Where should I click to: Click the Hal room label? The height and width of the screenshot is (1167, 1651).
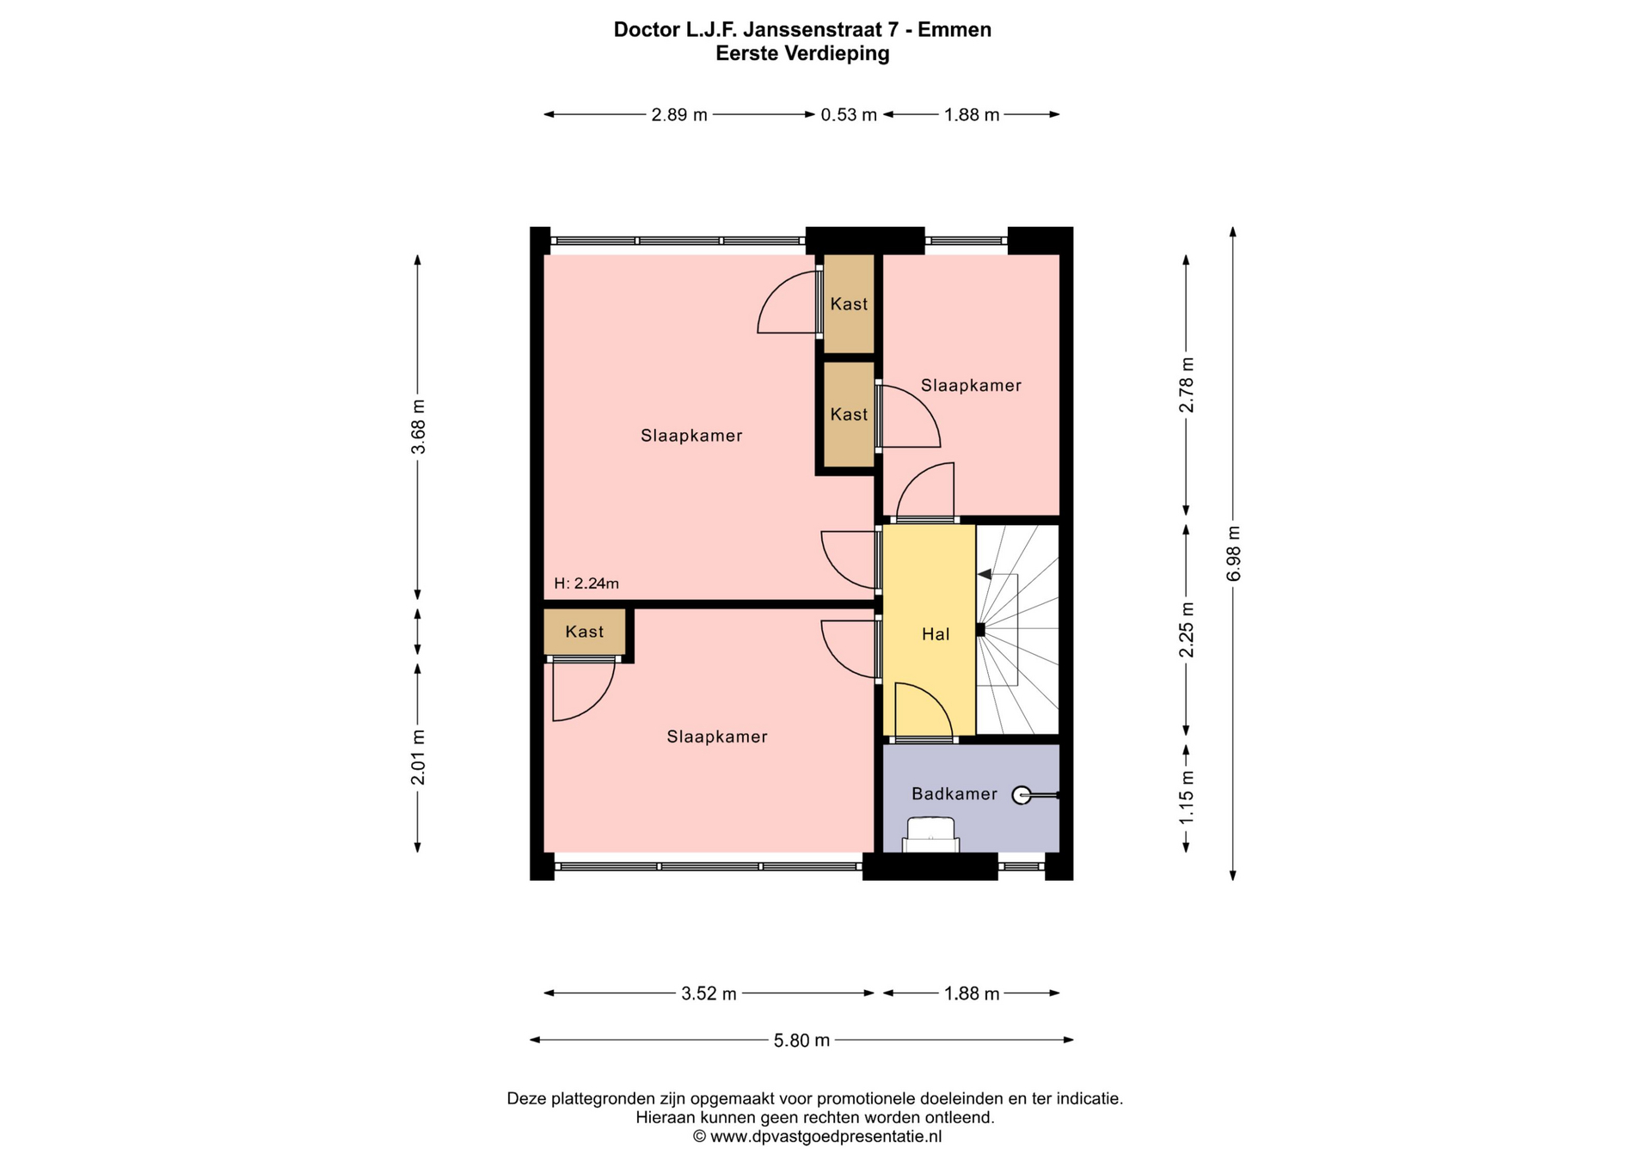[x=936, y=634]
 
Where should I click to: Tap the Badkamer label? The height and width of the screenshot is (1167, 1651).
[x=954, y=794]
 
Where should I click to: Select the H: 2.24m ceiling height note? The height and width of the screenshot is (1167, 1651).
[x=586, y=583]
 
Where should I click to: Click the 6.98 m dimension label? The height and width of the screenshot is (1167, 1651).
[x=1234, y=553]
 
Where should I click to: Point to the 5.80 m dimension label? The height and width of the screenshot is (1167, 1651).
[x=801, y=1041]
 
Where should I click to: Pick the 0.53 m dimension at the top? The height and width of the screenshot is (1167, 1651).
[x=849, y=115]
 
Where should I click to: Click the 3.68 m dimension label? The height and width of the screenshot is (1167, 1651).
[x=418, y=426]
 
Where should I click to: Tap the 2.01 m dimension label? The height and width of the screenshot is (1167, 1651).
[x=418, y=757]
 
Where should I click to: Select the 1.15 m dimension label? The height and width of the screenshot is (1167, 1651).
[x=1187, y=797]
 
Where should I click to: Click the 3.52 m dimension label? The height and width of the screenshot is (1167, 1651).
[x=709, y=993]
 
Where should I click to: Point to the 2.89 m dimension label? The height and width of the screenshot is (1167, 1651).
[x=679, y=115]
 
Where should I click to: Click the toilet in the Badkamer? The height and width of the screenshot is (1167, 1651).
[x=930, y=834]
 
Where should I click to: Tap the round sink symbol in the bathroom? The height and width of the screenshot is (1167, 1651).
[x=1021, y=796]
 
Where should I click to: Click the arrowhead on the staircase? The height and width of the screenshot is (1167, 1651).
[x=985, y=574]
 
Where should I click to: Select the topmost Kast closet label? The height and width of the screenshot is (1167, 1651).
[x=849, y=304]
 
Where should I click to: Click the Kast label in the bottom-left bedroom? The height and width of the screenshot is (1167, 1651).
[x=585, y=632]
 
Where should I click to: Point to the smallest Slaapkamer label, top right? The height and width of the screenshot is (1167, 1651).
[x=971, y=386]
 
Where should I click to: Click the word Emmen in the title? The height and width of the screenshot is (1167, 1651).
[x=954, y=30]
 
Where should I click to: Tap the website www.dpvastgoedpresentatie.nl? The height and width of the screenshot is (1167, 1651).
[x=825, y=1136]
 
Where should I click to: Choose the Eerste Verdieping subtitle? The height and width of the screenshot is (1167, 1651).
[x=802, y=54]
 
